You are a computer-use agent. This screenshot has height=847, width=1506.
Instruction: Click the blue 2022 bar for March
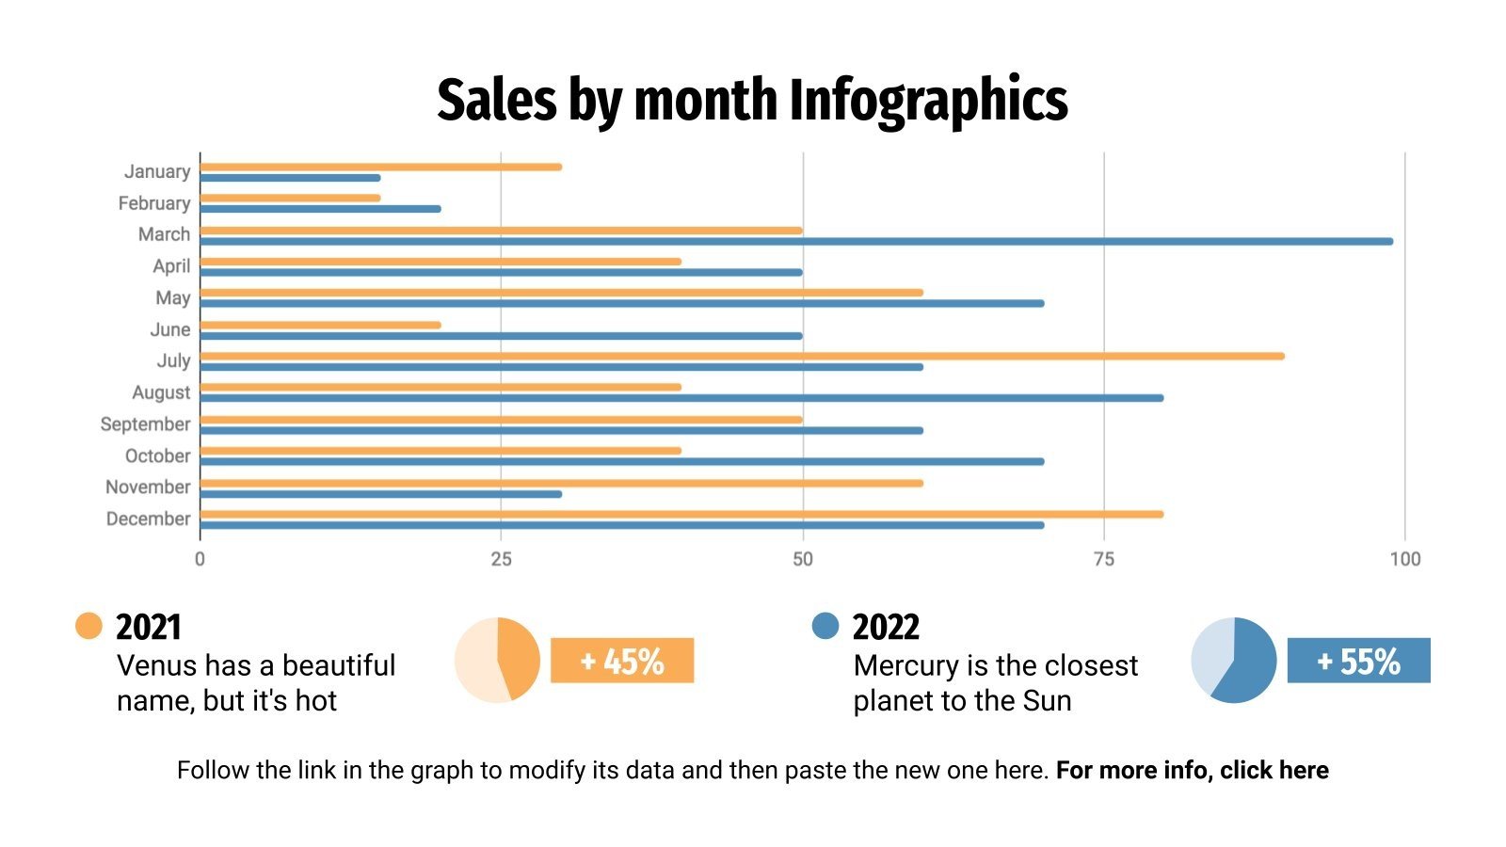coord(795,241)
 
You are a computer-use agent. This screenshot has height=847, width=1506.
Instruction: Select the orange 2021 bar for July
coord(742,356)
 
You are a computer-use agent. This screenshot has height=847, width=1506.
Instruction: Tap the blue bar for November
coord(380,493)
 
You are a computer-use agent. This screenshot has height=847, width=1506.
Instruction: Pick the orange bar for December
coord(681,514)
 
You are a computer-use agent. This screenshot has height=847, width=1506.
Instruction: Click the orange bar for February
coord(290,198)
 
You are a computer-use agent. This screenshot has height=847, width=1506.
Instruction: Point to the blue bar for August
coord(681,398)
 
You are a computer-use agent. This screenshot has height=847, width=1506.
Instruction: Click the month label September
coord(145,424)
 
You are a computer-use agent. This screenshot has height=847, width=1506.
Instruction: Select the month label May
coord(173,298)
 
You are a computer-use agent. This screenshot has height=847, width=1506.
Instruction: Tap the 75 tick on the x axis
coord(1103,559)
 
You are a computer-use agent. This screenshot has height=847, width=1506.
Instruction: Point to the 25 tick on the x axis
coord(501,559)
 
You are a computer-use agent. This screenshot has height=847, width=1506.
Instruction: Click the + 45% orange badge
coord(622,661)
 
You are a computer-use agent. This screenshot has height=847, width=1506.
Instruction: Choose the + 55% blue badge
coord(1358,661)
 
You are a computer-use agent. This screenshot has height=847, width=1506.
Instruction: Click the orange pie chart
coord(497,660)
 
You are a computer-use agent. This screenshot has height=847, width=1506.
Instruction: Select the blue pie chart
coord(1234,660)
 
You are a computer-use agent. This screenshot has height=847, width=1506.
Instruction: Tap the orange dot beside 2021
coord(88,626)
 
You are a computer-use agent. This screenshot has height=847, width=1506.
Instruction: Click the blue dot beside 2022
coord(825,626)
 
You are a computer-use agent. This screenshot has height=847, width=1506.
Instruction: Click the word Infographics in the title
coord(928,100)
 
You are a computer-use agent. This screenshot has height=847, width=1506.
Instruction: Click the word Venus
coord(157,665)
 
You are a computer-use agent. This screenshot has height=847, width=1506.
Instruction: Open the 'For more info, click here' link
coord(1192,770)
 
